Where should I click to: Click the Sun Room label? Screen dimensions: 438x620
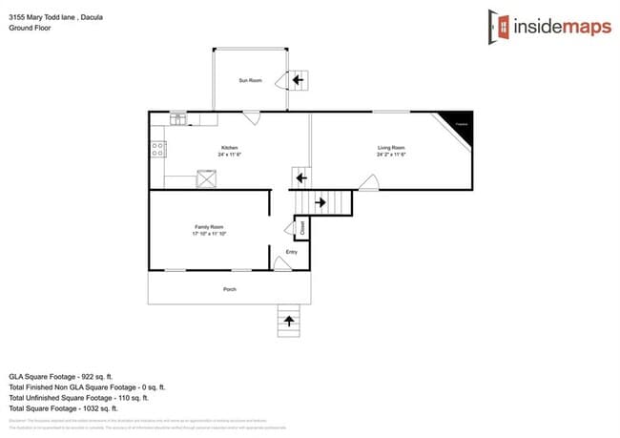(250, 81)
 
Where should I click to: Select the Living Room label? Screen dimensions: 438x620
(391, 147)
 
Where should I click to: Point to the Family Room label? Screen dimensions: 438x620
(209, 226)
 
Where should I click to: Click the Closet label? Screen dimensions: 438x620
(302, 228)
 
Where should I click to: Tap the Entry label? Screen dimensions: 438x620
(292, 252)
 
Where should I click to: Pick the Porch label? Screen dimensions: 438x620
(229, 287)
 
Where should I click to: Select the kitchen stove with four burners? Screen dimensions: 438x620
(158, 149)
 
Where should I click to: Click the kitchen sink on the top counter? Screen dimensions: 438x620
(178, 118)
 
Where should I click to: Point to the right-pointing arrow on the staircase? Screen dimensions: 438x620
(320, 201)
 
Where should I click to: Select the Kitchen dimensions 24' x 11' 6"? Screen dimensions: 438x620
(229, 155)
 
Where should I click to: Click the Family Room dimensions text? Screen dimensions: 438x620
(209, 234)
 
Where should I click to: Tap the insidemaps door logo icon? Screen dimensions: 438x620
(499, 26)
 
